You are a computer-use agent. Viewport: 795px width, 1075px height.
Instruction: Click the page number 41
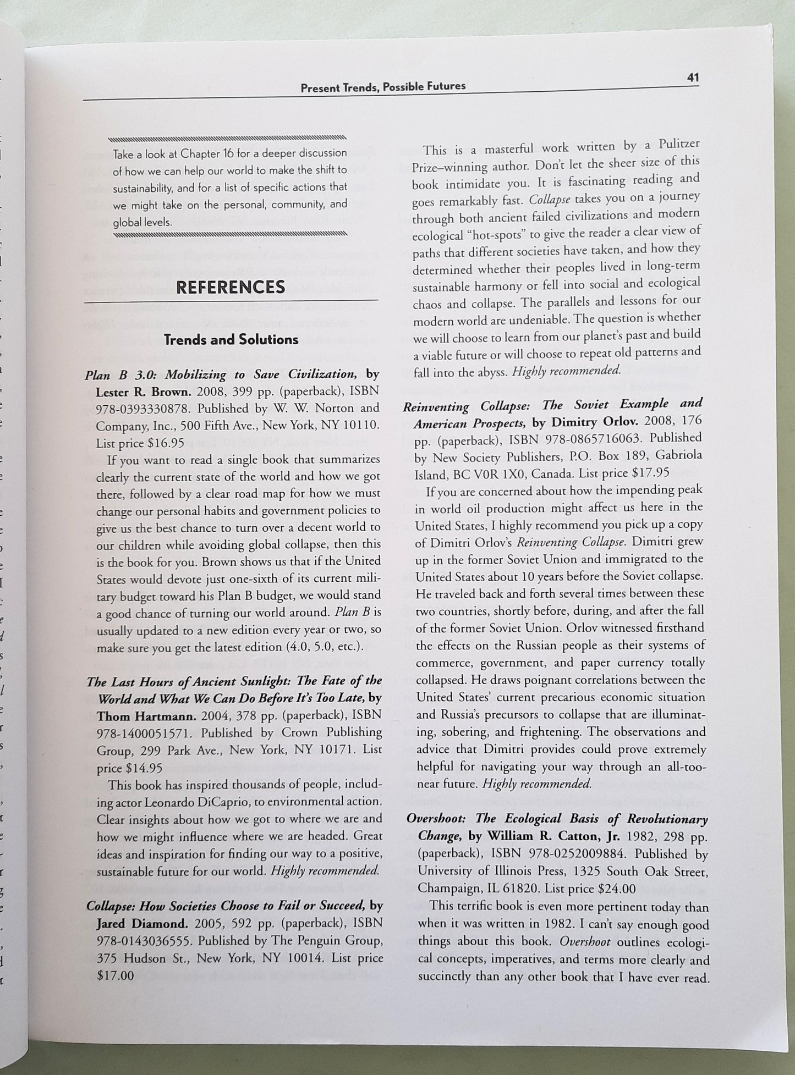tap(693, 78)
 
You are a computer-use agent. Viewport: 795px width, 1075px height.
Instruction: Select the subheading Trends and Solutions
tap(231, 339)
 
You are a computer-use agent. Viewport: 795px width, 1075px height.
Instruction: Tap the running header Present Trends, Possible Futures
tap(383, 86)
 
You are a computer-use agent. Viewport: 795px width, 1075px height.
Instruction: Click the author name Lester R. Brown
tap(142, 392)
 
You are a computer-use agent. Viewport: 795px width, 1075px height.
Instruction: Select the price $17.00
tap(115, 975)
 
